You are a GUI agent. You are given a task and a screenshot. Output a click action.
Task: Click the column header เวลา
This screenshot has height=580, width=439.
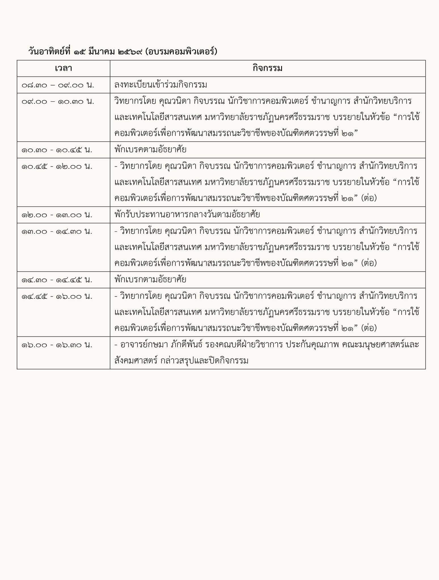coord(63,69)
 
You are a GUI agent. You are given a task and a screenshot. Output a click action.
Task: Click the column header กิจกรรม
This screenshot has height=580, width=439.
coord(268,69)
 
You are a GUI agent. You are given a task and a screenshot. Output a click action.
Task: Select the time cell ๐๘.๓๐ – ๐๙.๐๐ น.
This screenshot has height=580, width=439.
coord(58,85)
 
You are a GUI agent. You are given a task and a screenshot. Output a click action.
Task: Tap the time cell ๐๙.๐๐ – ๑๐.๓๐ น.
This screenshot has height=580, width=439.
coord(58,101)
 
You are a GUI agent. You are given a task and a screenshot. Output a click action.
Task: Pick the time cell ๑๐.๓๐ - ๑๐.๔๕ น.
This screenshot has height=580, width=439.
coord(57,150)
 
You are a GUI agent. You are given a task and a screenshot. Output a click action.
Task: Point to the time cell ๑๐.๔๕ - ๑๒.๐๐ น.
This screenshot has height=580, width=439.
coord(57,167)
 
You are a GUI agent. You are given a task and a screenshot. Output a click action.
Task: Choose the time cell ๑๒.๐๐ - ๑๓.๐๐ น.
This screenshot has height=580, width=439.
coord(57,215)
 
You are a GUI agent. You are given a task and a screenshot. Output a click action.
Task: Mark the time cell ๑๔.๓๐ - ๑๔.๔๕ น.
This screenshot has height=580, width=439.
coord(57,280)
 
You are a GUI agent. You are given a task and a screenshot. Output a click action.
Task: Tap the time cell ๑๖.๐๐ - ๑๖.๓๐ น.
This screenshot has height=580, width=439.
coord(57,345)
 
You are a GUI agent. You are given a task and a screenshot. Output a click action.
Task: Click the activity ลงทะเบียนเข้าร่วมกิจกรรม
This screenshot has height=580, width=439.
coord(161,85)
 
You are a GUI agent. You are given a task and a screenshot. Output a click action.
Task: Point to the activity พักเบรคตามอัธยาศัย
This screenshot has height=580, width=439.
coord(150,150)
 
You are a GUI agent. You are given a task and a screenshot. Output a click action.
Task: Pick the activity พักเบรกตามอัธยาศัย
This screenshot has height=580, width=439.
coord(150,280)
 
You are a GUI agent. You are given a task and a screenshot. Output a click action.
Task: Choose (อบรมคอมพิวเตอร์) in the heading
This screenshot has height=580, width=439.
coord(181,52)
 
